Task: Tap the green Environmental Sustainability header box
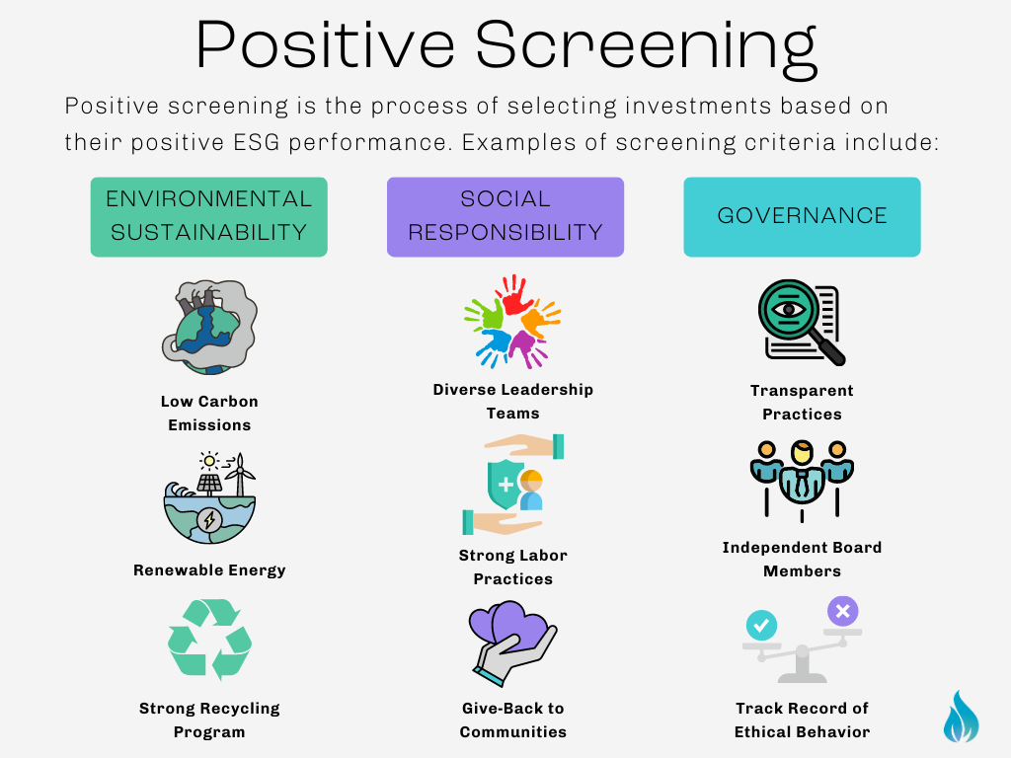[x=208, y=217]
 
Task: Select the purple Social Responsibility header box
[x=505, y=217]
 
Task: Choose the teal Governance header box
[x=802, y=217]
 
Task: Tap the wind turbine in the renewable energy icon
[x=237, y=475]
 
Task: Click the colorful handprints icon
[x=511, y=320]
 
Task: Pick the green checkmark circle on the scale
[x=761, y=624]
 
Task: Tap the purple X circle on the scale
[x=842, y=612]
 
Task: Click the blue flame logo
[x=961, y=717]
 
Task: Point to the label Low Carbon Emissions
[x=209, y=414]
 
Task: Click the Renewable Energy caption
[x=209, y=569]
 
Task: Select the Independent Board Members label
[x=802, y=559]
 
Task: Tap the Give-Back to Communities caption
[x=513, y=720]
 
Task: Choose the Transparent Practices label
[x=802, y=402]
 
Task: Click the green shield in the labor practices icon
[x=505, y=484]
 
